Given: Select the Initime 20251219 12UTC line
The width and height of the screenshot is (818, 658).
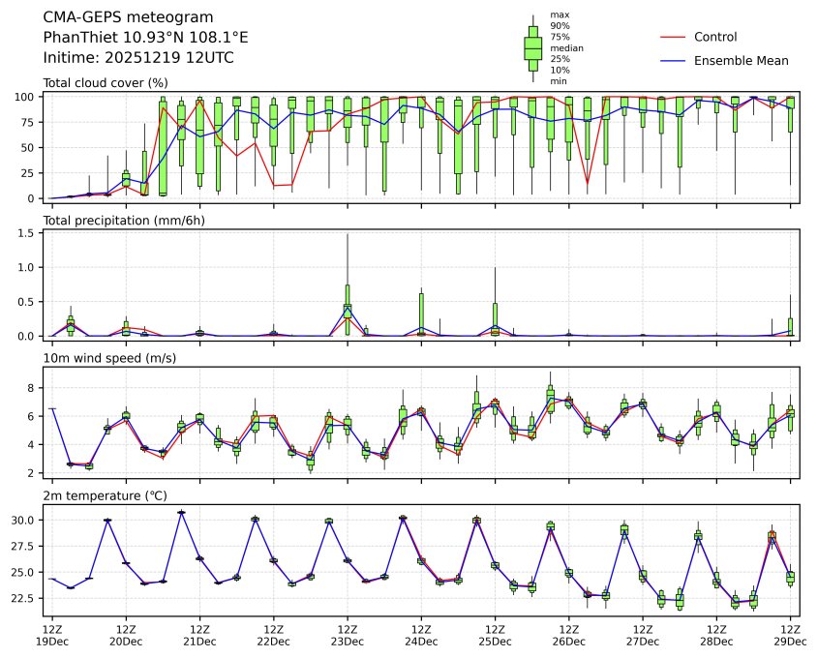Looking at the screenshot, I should click(x=138, y=58).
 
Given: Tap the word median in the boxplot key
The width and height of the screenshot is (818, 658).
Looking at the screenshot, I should click(x=566, y=47).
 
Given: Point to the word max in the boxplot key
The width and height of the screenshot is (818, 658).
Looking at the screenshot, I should click(x=559, y=15).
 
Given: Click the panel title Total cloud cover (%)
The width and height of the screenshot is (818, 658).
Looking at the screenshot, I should click(x=106, y=83).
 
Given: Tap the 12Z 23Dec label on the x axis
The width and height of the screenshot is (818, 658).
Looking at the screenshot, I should click(x=347, y=635).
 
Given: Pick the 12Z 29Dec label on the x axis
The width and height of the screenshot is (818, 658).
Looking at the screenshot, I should click(x=790, y=635).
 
